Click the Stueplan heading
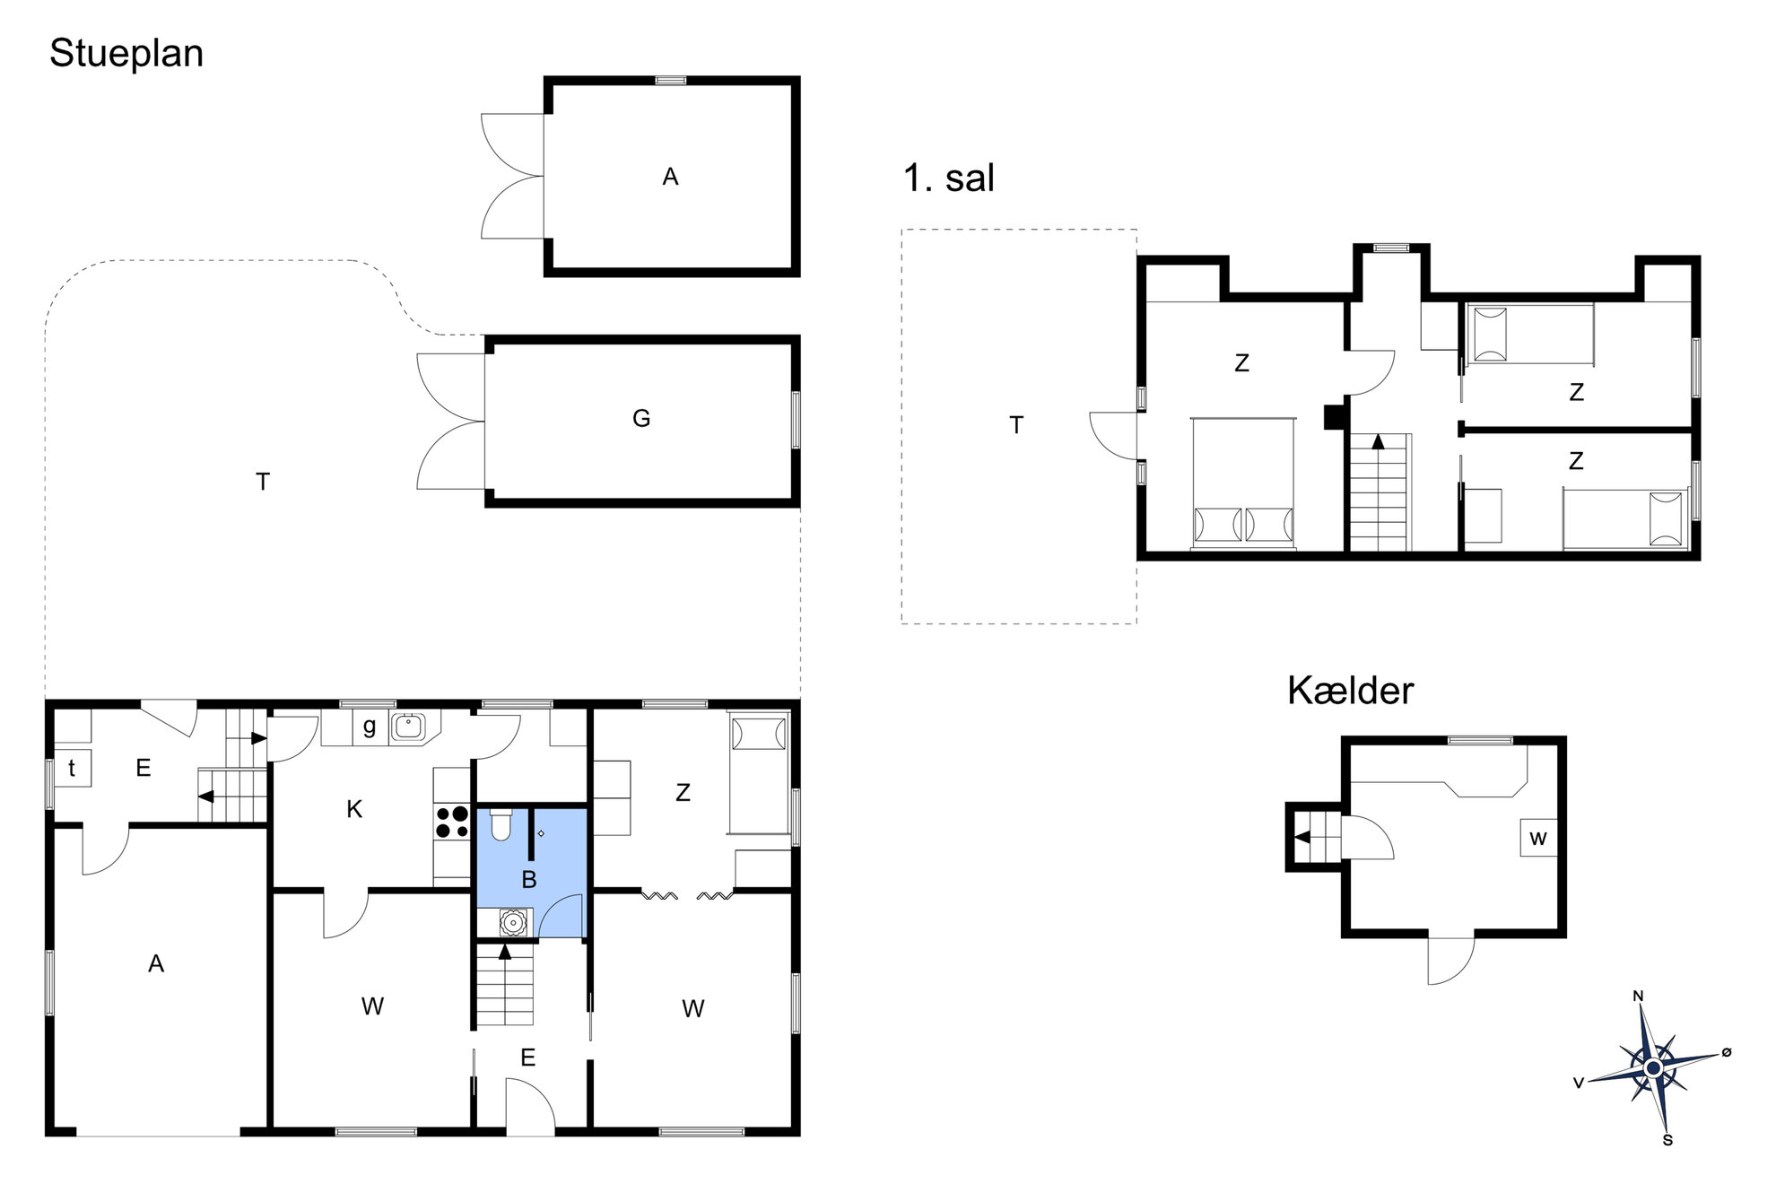[126, 54]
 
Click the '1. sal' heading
[949, 178]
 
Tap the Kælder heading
[1350, 691]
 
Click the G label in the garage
[641, 419]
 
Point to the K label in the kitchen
[354, 810]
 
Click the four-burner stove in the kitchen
[452, 822]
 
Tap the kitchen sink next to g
[409, 727]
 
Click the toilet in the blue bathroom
[501, 824]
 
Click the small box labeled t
[73, 768]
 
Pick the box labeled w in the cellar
[1538, 838]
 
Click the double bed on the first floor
[1244, 483]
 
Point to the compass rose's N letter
[1638, 996]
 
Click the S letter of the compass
[1667, 1141]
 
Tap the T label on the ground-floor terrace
[263, 483]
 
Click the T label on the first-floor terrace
[1016, 425]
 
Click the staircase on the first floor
[1380, 492]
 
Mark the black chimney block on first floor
[1334, 418]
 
